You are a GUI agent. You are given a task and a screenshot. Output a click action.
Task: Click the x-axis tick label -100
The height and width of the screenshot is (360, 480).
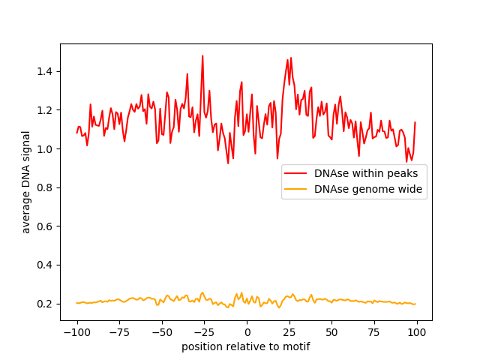[x=76, y=332]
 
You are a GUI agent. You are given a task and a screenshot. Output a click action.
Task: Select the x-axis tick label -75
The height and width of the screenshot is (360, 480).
[x=119, y=332]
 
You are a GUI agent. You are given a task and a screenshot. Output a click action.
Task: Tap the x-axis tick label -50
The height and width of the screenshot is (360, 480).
[x=162, y=332]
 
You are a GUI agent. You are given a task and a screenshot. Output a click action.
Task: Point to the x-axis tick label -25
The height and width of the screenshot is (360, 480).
[x=205, y=332]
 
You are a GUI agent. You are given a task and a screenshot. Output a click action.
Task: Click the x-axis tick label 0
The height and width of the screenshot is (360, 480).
[x=247, y=332]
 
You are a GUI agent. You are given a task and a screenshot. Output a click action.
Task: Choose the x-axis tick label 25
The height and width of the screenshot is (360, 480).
[x=289, y=332]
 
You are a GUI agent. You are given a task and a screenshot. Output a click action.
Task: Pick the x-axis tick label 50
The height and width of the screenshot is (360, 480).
[x=332, y=332]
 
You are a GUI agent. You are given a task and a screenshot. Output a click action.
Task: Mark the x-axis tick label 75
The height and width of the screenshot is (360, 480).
[x=375, y=332]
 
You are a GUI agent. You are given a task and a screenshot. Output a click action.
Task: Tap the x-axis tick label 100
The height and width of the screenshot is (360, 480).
[x=417, y=332]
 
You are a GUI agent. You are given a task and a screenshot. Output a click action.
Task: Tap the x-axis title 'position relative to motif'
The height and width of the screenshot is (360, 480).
[x=246, y=346]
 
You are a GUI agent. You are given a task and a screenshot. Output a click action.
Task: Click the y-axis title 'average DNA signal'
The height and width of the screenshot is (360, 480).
[x=26, y=182]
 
